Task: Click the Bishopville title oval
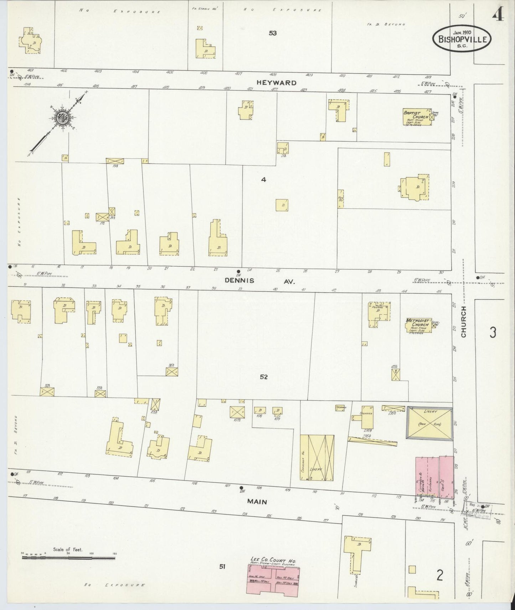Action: (x=462, y=39)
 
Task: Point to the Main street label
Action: (x=257, y=502)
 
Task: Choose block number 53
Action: (x=273, y=33)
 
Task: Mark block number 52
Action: (x=264, y=377)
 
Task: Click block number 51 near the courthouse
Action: (x=223, y=566)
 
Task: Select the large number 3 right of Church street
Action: (x=493, y=332)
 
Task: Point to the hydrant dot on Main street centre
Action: (x=241, y=488)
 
